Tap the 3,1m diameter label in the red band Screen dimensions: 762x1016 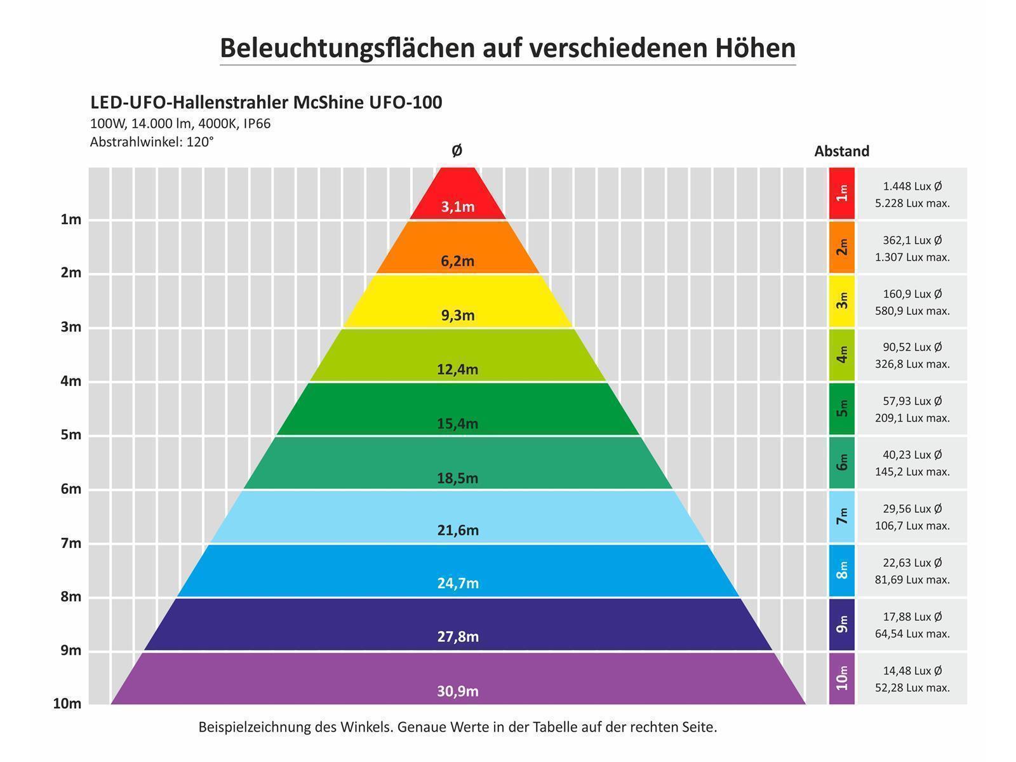click(458, 207)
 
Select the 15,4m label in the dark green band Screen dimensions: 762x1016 click(457, 424)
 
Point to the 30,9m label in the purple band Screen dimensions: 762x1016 click(457, 692)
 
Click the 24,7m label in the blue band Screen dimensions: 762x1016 click(457, 583)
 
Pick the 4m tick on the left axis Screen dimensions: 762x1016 click(70, 381)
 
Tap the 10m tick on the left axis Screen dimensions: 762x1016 click(67, 704)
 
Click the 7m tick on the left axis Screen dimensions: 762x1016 click(70, 543)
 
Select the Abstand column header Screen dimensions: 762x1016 click(841, 152)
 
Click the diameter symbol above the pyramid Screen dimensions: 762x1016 click(457, 151)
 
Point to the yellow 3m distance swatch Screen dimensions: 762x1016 click(842, 300)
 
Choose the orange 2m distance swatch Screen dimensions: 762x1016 click(842, 247)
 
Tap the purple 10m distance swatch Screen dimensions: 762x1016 click(842, 678)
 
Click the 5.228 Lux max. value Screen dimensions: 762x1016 click(912, 204)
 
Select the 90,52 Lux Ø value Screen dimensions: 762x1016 click(912, 347)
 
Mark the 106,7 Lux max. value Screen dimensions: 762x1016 click(912, 526)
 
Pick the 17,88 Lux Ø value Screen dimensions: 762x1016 click(912, 617)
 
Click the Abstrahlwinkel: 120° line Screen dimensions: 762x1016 click(152, 142)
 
